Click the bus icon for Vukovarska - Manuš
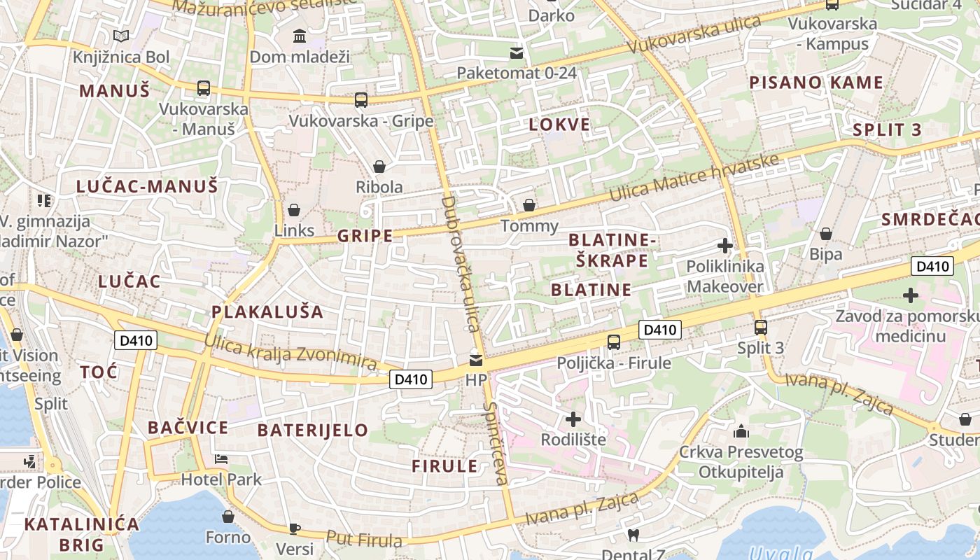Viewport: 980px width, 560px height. [204, 88]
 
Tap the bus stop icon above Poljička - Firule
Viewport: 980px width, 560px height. [614, 342]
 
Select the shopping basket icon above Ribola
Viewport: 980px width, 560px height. [379, 167]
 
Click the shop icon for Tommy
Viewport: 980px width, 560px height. [530, 205]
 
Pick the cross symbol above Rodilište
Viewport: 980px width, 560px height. [573, 419]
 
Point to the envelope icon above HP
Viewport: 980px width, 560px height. [476, 360]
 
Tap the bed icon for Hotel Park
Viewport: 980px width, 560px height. [221, 459]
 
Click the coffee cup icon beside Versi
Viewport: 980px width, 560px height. [295, 528]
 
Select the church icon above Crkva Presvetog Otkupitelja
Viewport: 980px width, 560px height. [741, 431]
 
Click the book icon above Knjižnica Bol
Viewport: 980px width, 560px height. [121, 36]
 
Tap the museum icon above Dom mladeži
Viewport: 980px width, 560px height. [300, 36]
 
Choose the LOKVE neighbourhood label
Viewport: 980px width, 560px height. [559, 125]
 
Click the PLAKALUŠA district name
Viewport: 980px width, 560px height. [267, 311]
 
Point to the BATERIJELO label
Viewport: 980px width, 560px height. [312, 430]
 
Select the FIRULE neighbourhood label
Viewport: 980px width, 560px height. [444, 466]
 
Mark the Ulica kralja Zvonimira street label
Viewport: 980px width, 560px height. [290, 351]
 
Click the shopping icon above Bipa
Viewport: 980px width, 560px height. [826, 234]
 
